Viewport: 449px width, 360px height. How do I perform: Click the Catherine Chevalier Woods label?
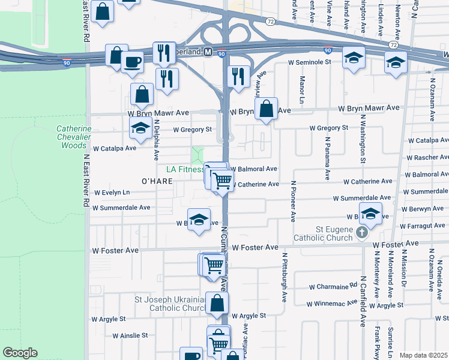(74, 137)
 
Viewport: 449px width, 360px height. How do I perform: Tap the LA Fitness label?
(185, 169)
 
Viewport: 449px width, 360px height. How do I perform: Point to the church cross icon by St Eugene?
(362, 232)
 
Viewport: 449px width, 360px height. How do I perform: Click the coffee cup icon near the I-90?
(132, 61)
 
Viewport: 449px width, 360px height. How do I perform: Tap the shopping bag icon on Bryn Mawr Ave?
(266, 109)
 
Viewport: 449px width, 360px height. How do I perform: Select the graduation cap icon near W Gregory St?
(140, 128)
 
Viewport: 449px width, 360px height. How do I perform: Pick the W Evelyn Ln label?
(112, 193)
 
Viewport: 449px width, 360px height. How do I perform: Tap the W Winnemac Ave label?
(334, 304)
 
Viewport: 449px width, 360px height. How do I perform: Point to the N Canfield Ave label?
(363, 301)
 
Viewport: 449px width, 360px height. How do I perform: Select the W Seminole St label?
(310, 62)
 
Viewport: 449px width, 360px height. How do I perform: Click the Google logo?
(20, 353)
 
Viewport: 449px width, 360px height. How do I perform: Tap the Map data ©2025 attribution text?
(423, 355)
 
